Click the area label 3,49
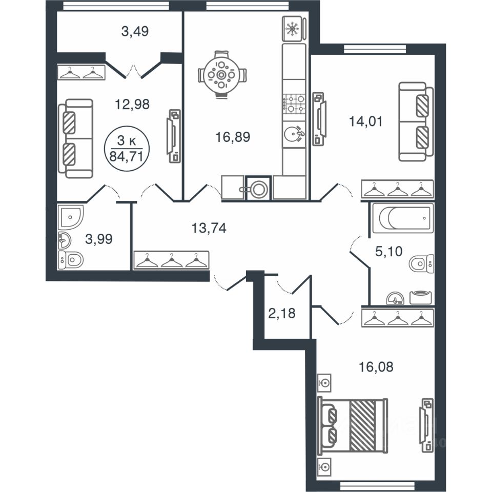tap(135, 31)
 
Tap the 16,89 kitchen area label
tap(233, 137)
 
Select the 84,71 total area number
tap(126, 156)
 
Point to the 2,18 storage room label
tap(282, 313)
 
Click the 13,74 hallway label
tap(209, 228)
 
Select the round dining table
tap(222, 75)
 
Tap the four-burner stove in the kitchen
tap(294, 104)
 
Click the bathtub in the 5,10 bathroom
tap(403, 218)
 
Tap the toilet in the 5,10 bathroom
tap(421, 263)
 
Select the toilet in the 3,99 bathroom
tap(71, 259)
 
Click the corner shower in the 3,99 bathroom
tap(71, 217)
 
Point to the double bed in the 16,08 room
tap(352, 426)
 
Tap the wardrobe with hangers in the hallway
tap(171, 260)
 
